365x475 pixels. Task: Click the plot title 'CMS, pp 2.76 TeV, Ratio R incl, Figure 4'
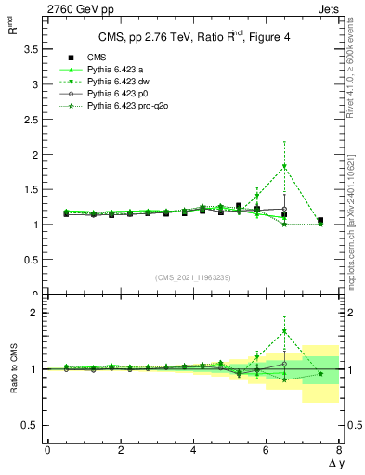click(x=193, y=37)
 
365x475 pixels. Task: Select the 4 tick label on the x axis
click(x=193, y=450)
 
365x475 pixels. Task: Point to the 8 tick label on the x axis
click(x=339, y=450)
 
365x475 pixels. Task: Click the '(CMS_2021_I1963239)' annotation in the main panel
click(x=193, y=276)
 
